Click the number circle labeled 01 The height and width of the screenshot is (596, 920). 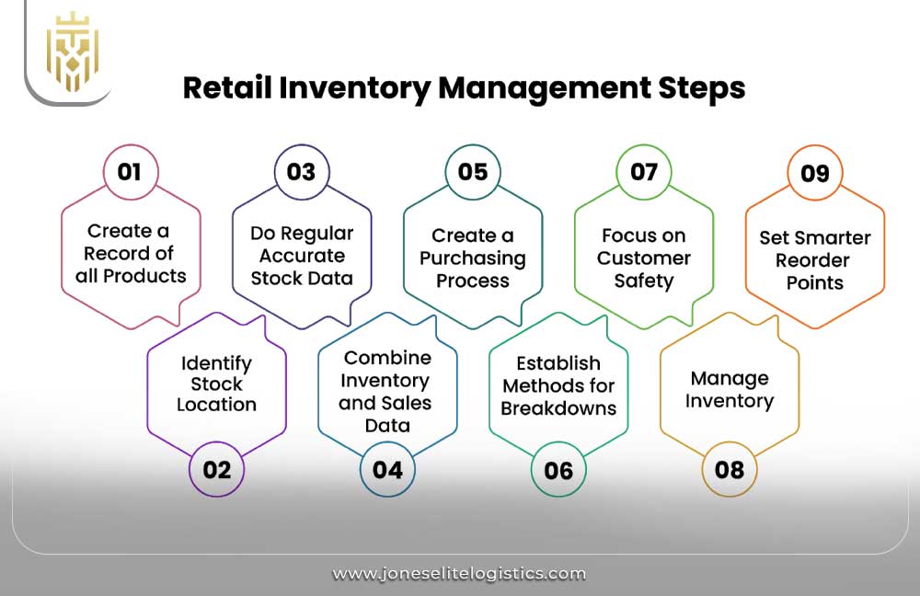click(130, 172)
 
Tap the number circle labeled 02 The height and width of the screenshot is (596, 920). click(216, 469)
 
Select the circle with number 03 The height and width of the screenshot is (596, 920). click(301, 172)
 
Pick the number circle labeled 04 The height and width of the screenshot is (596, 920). click(387, 469)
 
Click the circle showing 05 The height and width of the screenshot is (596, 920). click(472, 172)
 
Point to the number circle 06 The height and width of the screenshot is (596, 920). click(558, 469)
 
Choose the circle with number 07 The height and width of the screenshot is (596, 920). click(644, 172)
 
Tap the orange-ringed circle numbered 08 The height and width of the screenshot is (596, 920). click(730, 469)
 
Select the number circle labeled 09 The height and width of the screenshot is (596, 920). click(815, 172)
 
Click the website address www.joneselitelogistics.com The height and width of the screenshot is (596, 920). click(459, 573)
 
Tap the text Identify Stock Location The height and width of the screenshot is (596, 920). click(216, 384)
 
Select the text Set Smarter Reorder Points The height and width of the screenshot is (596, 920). click(815, 259)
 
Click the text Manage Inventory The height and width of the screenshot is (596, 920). click(730, 390)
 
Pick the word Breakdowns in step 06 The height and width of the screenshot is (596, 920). click(558, 408)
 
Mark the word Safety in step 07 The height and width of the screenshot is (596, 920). click(644, 281)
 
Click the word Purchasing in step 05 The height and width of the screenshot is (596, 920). click(472, 258)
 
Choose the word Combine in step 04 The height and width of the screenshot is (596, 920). click(386, 358)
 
